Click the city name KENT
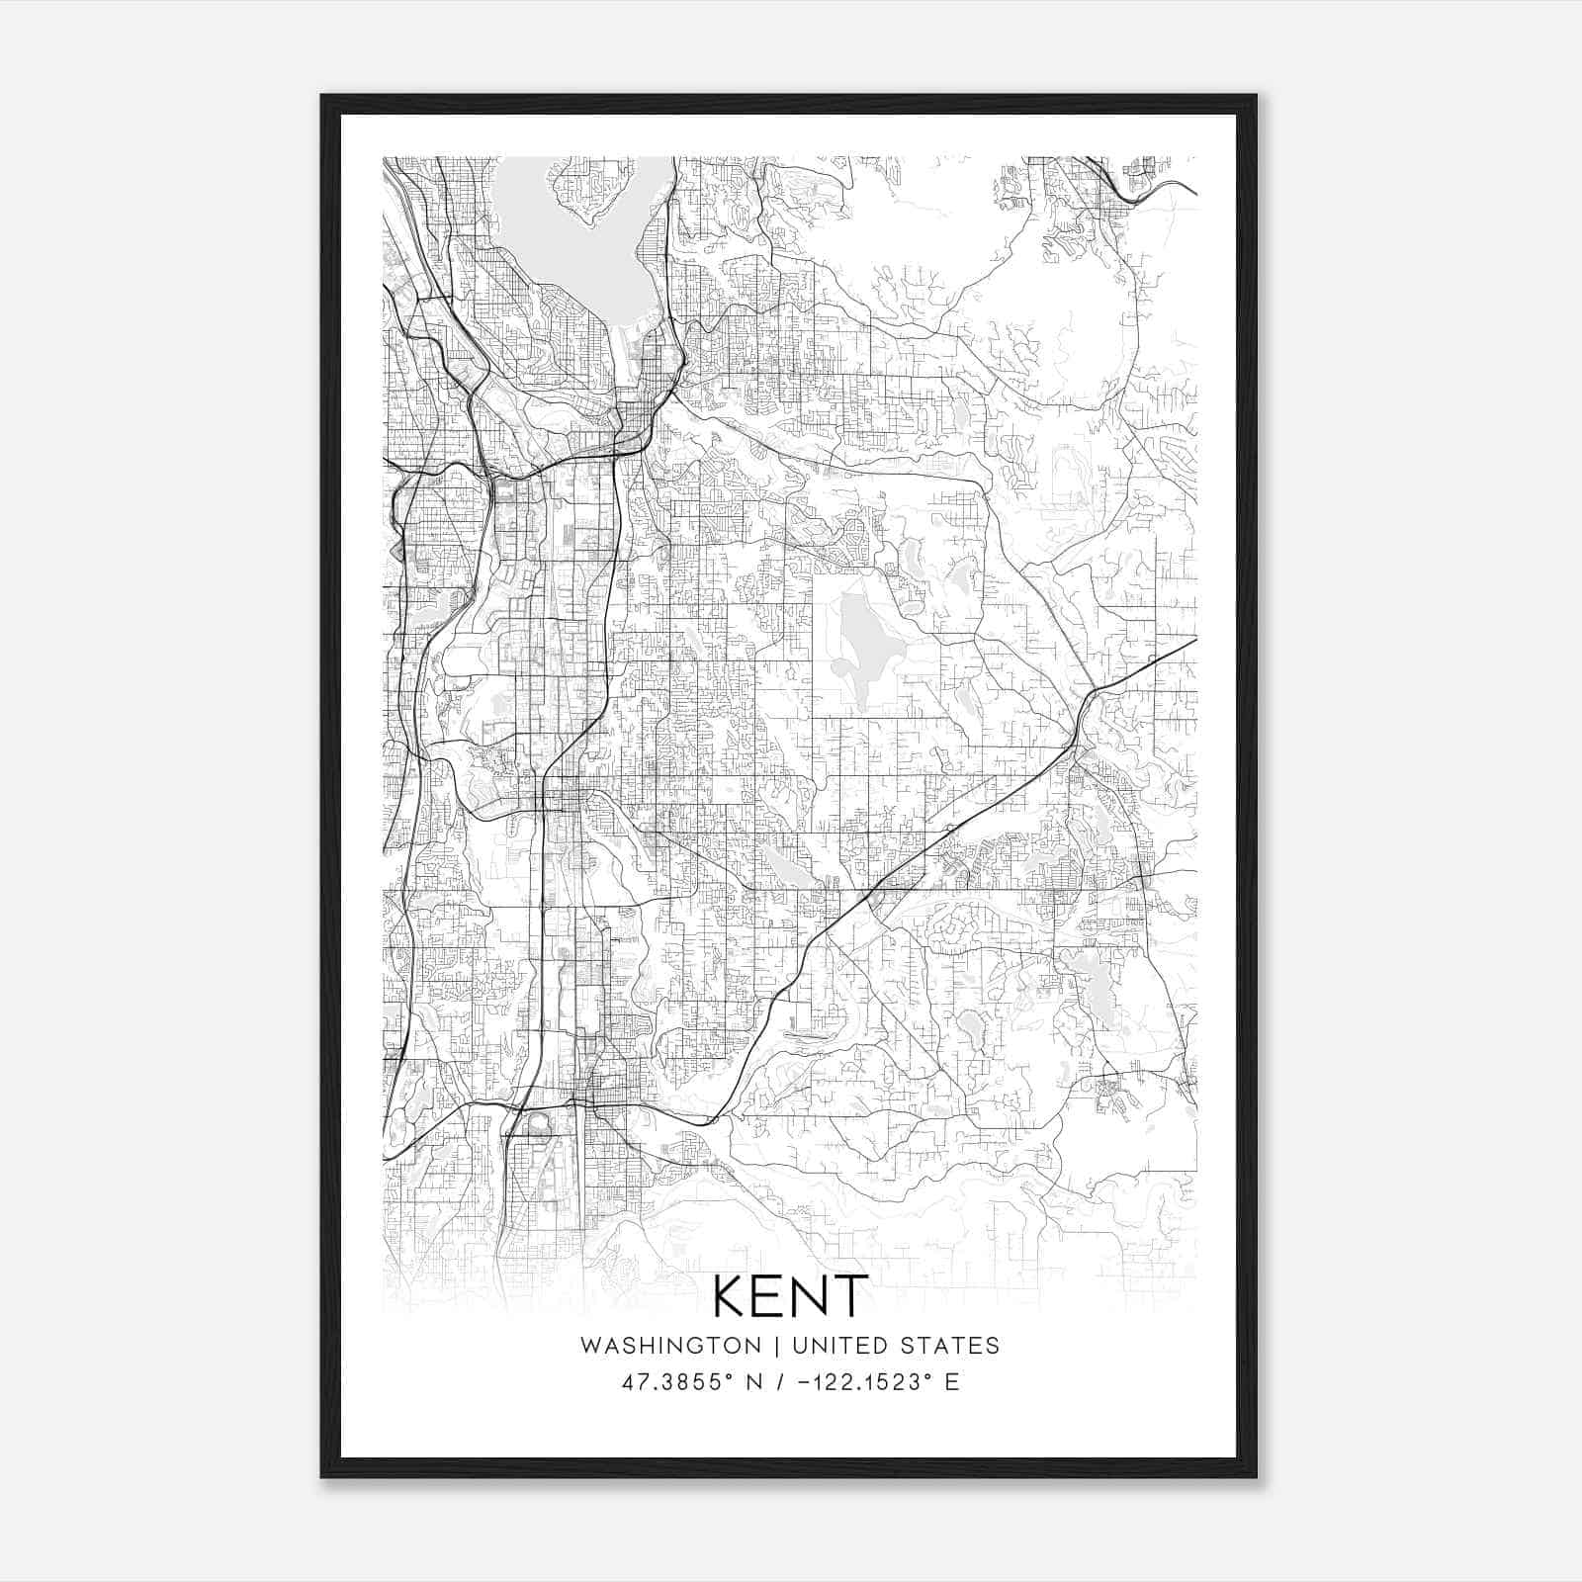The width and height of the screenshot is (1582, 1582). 790,1295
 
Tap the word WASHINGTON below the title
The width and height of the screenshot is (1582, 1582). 670,1346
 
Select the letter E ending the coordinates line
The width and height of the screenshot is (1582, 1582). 952,1382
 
